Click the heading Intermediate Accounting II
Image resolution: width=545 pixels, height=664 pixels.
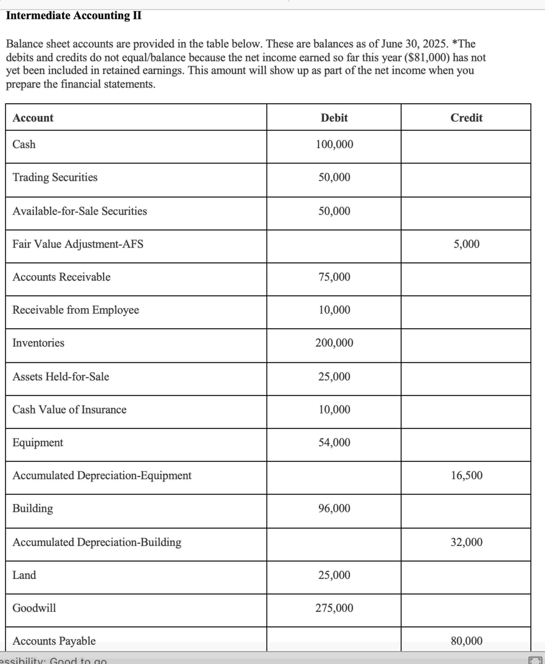(74, 15)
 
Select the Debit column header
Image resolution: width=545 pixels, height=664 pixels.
(334, 118)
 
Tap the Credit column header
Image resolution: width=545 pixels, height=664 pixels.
(466, 118)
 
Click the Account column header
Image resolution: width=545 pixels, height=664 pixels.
(33, 118)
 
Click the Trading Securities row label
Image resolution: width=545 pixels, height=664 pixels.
(55, 177)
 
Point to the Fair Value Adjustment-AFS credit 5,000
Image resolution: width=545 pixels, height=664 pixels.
(466, 244)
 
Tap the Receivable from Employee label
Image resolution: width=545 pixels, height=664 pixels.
(76, 310)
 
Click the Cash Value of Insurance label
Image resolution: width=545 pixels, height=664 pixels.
(69, 410)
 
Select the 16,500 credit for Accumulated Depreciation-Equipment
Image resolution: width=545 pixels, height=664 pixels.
(466, 475)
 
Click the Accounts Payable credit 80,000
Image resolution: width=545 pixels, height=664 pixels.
(466, 641)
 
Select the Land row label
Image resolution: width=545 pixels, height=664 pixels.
(24, 575)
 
